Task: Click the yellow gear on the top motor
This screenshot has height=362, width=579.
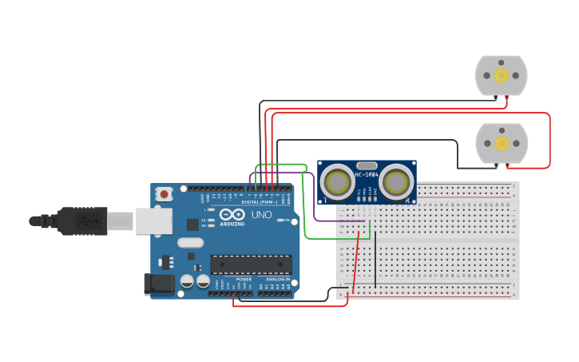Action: (x=501, y=75)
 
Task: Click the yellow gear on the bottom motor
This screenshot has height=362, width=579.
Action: (x=502, y=143)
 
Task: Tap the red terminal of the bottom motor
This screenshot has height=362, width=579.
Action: (x=507, y=165)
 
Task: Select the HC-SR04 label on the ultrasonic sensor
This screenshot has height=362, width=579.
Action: (x=366, y=174)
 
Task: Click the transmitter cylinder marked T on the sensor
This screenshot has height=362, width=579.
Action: (x=338, y=182)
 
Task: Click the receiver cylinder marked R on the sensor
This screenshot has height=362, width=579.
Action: (x=395, y=182)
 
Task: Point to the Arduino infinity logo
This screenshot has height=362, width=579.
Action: (x=232, y=215)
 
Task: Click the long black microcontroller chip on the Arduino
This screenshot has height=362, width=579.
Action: (x=250, y=264)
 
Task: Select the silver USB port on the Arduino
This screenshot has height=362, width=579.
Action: (x=153, y=221)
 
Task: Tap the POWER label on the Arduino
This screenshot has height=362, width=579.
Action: (x=244, y=279)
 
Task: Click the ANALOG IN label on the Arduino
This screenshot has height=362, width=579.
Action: (x=277, y=279)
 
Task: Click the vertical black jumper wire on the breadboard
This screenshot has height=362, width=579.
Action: (x=375, y=260)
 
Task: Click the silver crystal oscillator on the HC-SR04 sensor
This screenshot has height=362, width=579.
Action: (x=367, y=163)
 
